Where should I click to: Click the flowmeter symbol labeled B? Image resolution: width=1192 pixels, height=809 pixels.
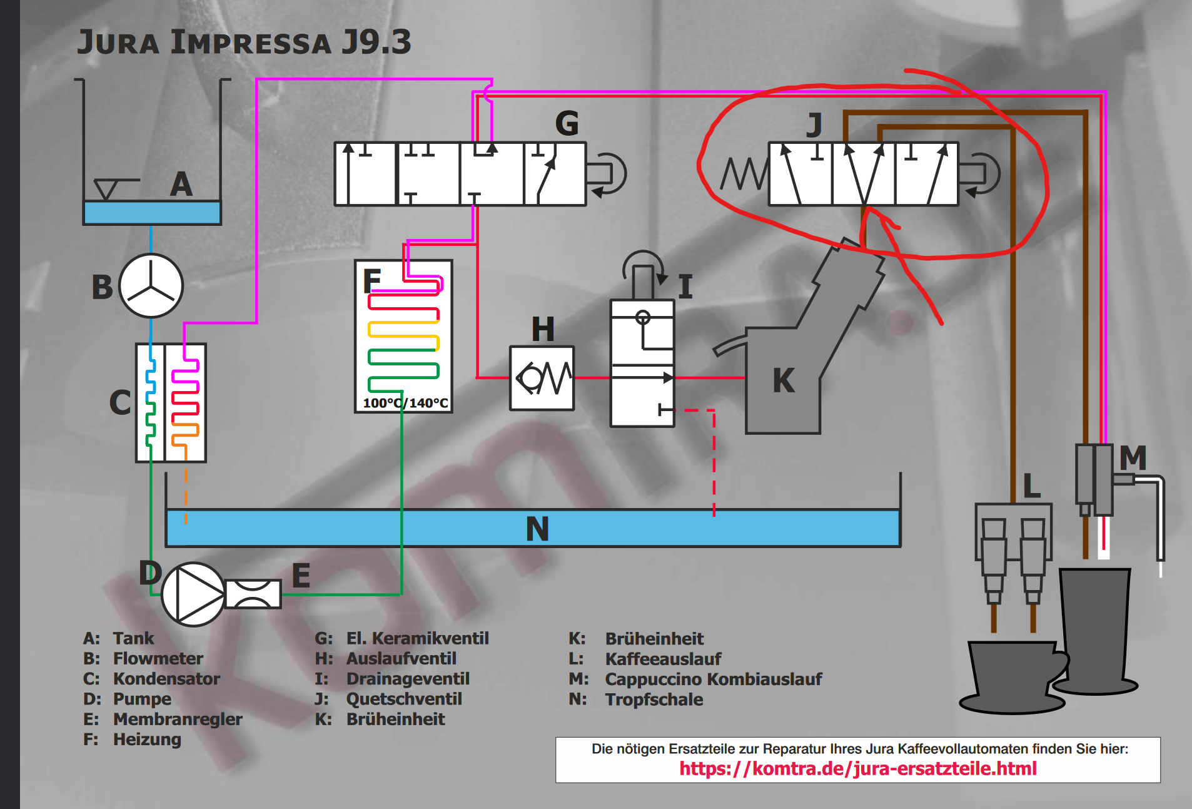pos(151,286)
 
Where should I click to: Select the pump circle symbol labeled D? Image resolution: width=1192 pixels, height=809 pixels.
pos(193,594)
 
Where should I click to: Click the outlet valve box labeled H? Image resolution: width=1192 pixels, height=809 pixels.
pos(542,378)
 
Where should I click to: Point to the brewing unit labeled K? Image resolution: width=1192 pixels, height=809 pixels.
pos(783,380)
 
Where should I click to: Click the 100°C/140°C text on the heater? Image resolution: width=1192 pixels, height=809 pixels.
pos(405,403)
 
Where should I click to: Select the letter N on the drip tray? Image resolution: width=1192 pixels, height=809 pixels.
pos(537,529)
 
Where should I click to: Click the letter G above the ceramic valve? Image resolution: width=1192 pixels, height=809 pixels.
pos(567,124)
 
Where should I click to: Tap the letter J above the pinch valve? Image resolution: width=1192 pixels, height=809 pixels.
pos(814,125)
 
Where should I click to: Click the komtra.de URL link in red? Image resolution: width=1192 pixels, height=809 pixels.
pos(857,768)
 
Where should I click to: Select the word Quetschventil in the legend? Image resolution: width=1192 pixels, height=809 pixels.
pos(404,699)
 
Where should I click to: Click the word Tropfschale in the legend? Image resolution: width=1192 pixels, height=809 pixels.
pos(654,700)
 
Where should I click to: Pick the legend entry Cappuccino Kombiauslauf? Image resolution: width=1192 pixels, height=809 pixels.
pos(713,679)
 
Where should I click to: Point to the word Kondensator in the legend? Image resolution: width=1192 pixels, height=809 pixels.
pos(166,679)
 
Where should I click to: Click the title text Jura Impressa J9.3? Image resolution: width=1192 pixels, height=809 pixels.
pos(244,43)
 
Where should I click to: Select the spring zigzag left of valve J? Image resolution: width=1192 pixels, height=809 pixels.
pos(743,173)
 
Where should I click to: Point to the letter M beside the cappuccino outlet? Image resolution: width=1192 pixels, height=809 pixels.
pos(1133,458)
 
